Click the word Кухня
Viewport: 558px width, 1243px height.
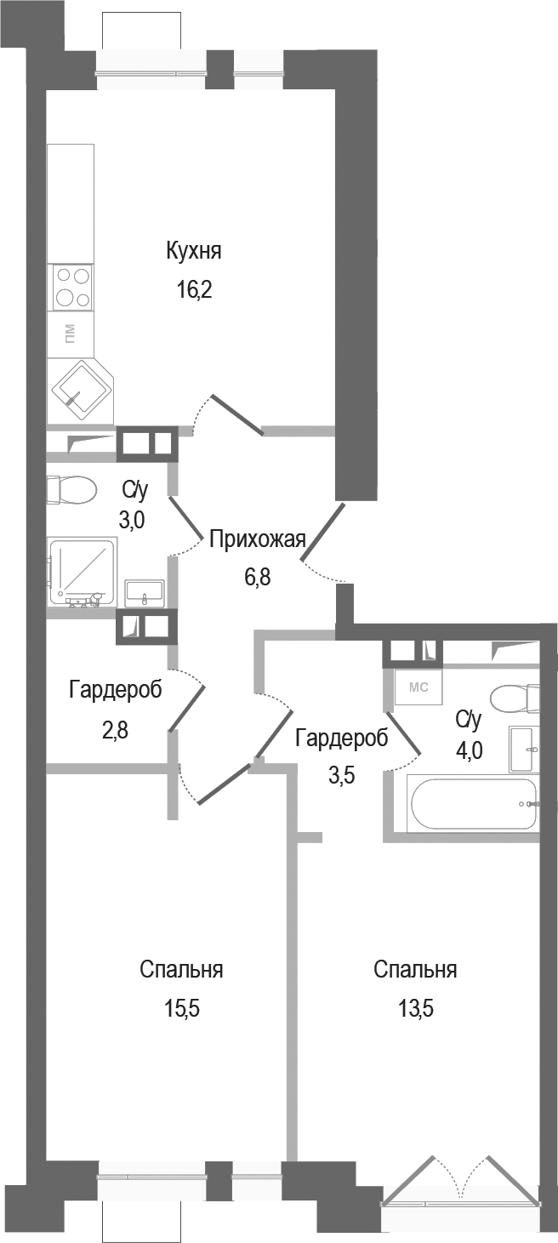click(194, 251)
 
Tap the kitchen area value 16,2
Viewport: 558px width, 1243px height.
click(193, 290)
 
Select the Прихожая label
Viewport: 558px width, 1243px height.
click(257, 539)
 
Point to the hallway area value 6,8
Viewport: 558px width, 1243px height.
click(258, 577)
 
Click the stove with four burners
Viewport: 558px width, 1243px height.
click(72, 287)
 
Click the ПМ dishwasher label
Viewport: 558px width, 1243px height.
click(70, 333)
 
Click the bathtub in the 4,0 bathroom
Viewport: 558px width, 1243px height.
click(473, 804)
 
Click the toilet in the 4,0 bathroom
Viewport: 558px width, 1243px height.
click(515, 698)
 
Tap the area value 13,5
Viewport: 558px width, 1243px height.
click(415, 1009)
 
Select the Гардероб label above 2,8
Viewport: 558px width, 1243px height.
click(115, 689)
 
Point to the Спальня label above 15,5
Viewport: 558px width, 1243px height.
click(181, 970)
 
